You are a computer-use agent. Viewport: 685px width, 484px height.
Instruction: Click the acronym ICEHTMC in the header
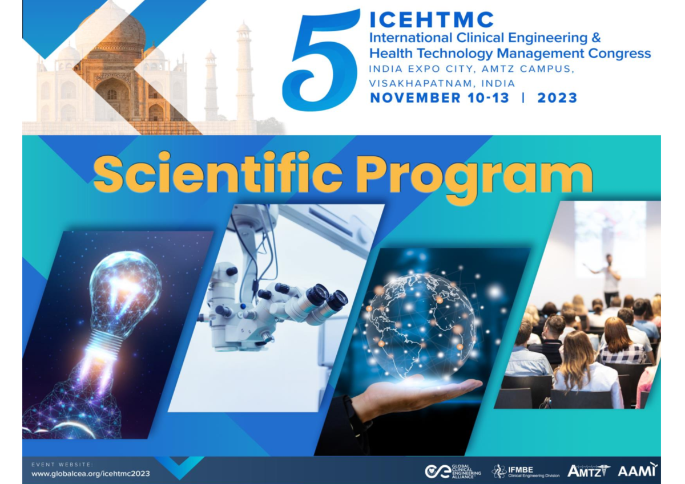point(432,20)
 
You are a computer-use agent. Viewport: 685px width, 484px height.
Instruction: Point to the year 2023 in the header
point(557,98)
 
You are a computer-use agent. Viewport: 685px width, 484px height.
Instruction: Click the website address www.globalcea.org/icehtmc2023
point(91,474)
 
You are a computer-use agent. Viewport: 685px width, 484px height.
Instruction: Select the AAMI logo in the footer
point(637,470)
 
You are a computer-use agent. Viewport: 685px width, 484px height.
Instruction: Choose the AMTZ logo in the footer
point(587,471)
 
